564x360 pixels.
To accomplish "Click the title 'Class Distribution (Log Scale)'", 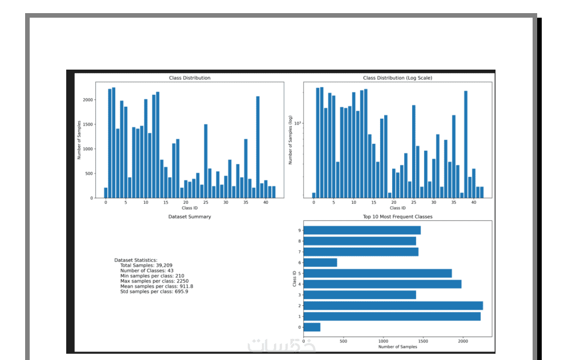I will (397, 78).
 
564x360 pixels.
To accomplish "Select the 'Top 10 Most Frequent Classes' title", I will (397, 217).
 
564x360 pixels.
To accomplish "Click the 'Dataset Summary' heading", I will (190, 217).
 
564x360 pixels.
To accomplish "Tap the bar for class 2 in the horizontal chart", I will (393, 306).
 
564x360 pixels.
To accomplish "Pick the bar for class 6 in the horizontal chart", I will (320, 262).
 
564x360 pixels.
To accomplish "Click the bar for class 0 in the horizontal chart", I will (312, 327).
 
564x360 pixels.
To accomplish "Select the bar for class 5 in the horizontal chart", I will (377, 273).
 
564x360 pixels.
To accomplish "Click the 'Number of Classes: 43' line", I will (147, 270).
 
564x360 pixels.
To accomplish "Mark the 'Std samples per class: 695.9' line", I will (154, 292).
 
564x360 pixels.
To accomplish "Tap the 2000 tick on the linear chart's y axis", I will (87, 100).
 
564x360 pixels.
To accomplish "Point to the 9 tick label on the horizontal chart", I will (299, 230).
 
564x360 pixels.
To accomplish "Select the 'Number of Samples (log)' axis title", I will (291, 140).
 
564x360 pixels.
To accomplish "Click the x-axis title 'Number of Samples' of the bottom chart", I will (397, 347).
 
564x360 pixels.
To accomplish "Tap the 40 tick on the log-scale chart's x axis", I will (473, 203).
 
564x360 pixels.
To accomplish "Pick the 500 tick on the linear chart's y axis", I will (88, 174).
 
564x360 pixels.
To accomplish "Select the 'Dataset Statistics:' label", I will (135, 260).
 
